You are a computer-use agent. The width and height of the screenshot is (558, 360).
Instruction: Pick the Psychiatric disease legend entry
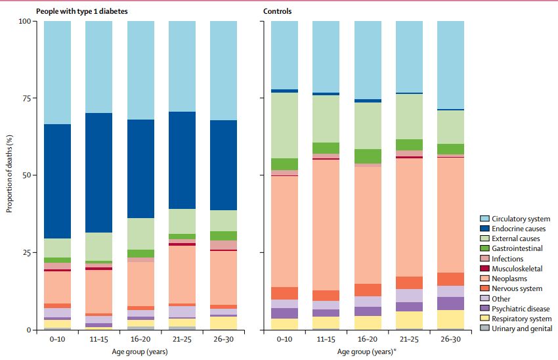coord(520,309)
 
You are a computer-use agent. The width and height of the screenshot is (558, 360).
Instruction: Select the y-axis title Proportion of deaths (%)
coord(9,175)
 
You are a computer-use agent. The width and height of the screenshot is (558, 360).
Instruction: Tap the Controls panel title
coord(278,11)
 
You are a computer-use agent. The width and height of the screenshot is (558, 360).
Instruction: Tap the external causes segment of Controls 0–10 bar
coord(284,125)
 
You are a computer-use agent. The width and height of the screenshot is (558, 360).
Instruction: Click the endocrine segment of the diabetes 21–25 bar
coord(182,160)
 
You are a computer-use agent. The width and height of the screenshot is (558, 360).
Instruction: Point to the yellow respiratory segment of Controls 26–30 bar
coord(450,319)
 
